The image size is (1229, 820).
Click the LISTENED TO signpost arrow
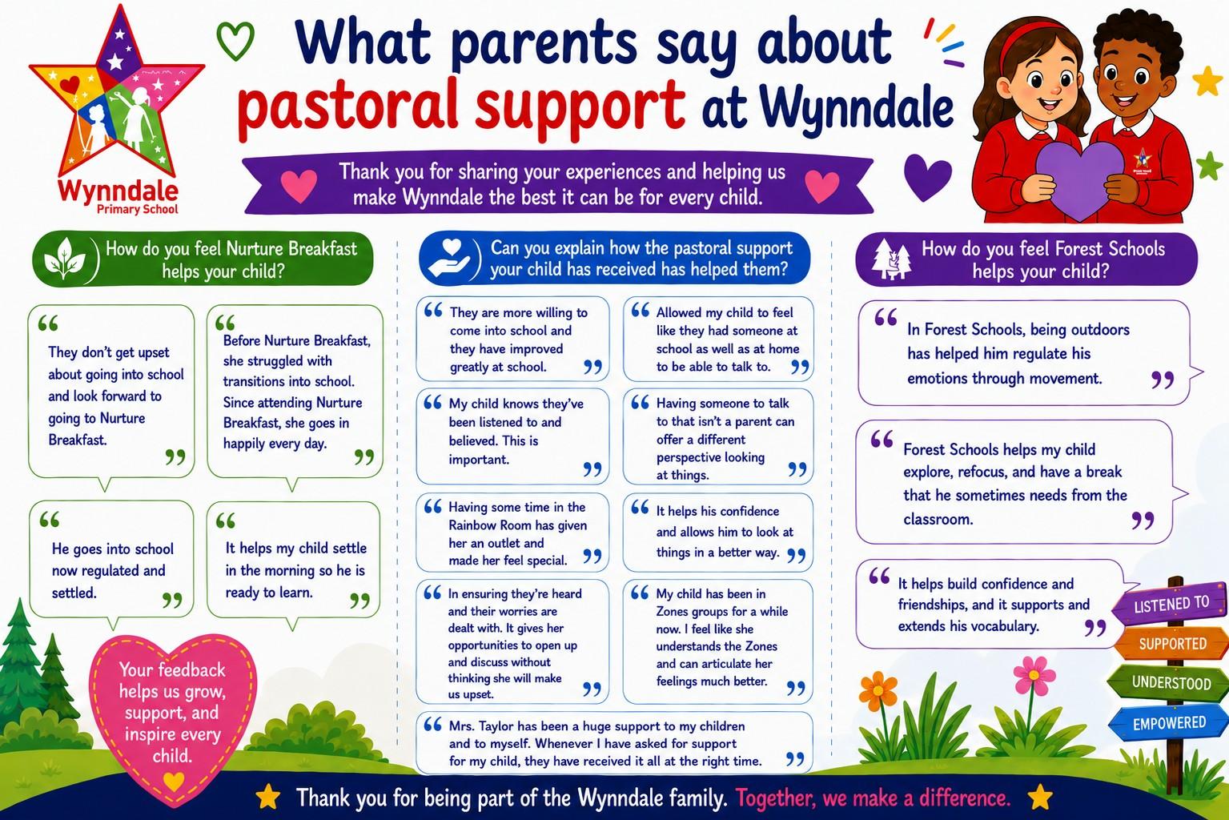[1170, 604]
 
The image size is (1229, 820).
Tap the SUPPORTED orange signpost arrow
[1171, 643]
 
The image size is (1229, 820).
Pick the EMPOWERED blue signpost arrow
[1167, 723]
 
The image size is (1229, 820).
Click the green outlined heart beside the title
[235, 41]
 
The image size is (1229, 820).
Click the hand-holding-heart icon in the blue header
[450, 258]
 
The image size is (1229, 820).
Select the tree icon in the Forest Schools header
[892, 259]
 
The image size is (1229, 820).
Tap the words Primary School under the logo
[137, 209]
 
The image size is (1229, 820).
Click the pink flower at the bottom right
[1034, 675]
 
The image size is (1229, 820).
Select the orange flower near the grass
[878, 691]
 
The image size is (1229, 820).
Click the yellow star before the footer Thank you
[268, 797]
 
